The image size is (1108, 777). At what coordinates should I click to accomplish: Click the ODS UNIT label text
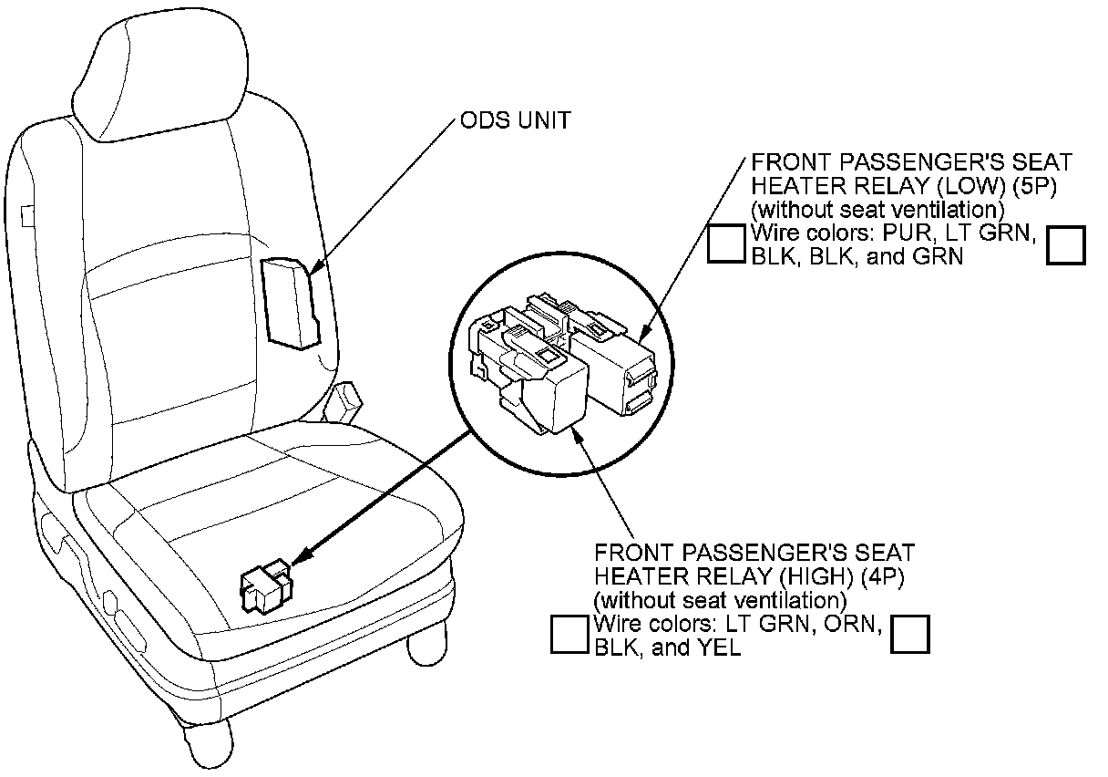tap(516, 120)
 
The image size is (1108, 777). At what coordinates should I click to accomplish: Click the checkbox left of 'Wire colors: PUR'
tap(727, 244)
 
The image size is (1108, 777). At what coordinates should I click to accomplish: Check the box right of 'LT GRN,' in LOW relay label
tap(1066, 245)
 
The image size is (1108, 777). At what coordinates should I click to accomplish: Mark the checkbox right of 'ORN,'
tap(910, 634)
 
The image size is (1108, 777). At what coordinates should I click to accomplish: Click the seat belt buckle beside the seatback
tap(345, 400)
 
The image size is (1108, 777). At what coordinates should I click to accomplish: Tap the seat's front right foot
tap(428, 647)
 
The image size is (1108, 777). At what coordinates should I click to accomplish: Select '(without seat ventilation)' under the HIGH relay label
tap(720, 600)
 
